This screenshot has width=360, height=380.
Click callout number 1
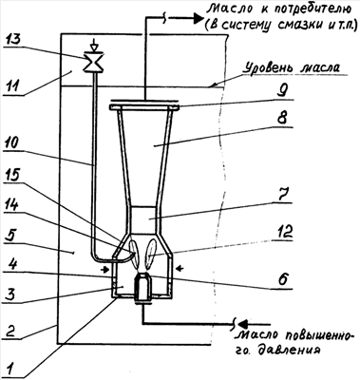11,369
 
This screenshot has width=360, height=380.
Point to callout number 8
282,120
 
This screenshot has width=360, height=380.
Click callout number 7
282,196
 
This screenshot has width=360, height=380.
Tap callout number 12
284,232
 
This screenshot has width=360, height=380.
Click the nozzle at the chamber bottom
143,287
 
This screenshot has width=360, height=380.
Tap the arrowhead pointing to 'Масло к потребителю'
197,18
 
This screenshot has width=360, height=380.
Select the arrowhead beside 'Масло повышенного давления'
244,324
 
